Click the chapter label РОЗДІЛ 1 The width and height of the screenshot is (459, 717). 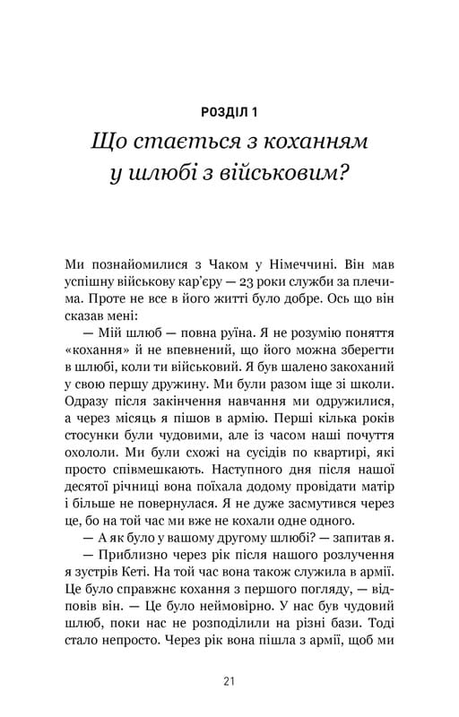pyautogui.click(x=229, y=112)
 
